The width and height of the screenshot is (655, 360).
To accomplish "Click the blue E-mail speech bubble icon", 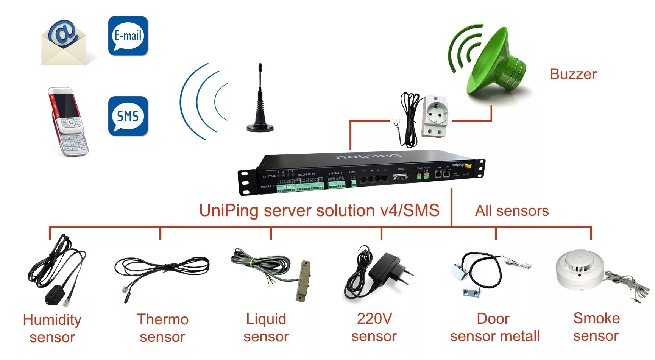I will (x=128, y=36).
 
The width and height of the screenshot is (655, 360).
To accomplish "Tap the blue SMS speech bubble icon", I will (x=128, y=116).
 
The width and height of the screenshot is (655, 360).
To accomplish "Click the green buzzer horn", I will (x=492, y=61).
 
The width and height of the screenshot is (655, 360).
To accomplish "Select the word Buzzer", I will (x=573, y=74).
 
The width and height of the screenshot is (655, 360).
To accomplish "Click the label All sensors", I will (x=512, y=211).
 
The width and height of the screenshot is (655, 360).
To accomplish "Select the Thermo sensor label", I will (x=162, y=328).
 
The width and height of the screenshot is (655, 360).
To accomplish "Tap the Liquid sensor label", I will (x=266, y=327).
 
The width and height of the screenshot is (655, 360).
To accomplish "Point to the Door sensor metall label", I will (x=494, y=327).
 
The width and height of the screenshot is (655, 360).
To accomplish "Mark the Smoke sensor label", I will (x=596, y=327).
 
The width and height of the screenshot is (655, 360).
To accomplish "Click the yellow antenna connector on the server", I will (x=468, y=166).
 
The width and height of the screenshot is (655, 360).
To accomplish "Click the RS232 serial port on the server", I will (x=400, y=177).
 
